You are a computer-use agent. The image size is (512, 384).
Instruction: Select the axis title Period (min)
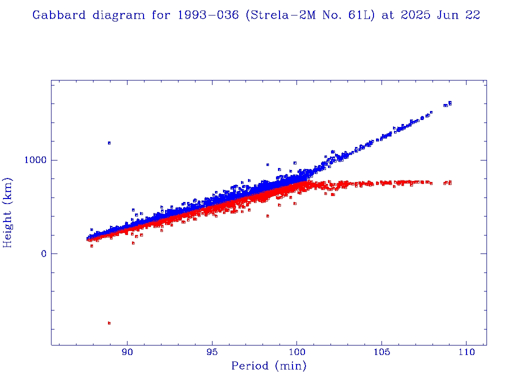(x=268, y=366)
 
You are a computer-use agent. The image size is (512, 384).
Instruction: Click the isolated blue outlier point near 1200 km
(x=109, y=143)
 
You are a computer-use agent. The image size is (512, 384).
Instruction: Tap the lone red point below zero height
(x=109, y=323)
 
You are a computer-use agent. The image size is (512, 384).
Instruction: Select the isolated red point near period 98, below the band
(x=267, y=216)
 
